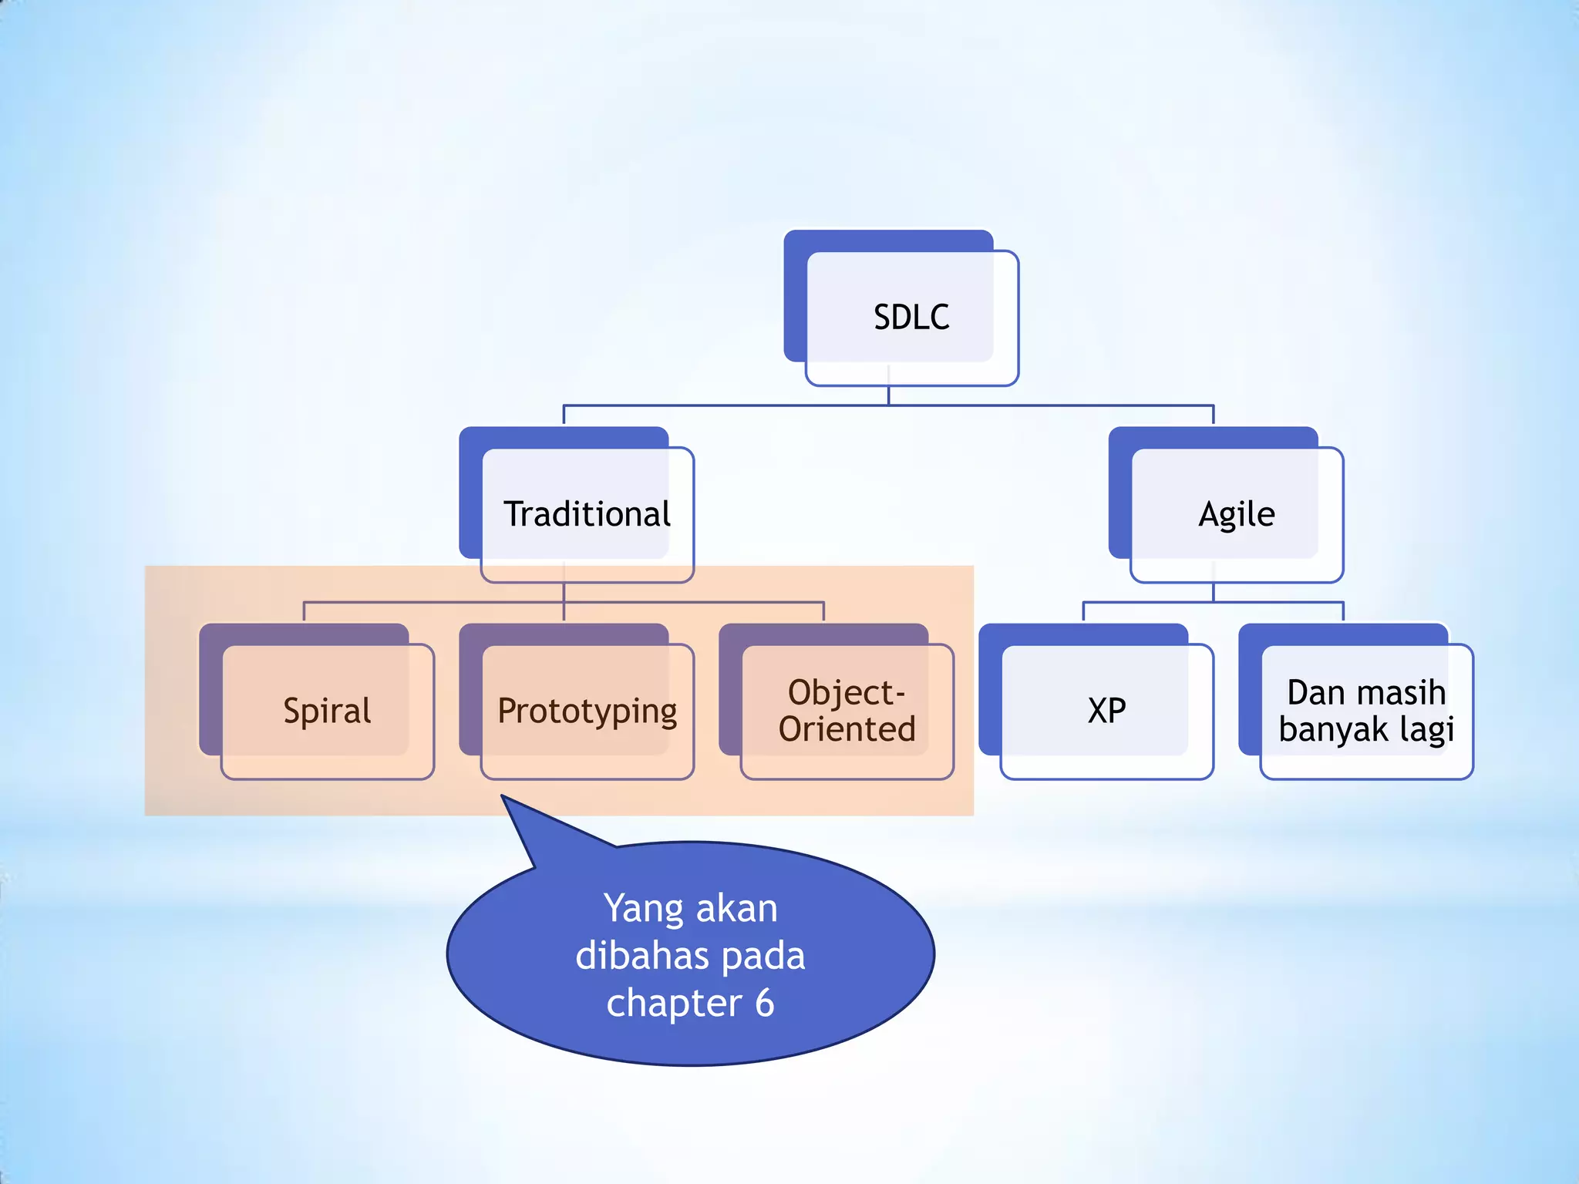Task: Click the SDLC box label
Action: [911, 318]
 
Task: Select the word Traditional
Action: [587, 514]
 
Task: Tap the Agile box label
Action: [1236, 514]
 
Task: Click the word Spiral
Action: [327, 711]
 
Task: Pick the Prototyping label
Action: [587, 711]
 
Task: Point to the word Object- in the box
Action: [846, 692]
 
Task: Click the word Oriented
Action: [847, 729]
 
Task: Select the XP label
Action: [1106, 711]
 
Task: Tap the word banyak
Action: [1332, 729]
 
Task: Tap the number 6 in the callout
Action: [764, 1003]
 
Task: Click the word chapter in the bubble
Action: [674, 1003]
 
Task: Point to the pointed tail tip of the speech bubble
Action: [503, 797]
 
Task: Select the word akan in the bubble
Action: [736, 909]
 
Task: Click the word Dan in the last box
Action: [1315, 692]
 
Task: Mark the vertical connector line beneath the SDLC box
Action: [888, 395]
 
